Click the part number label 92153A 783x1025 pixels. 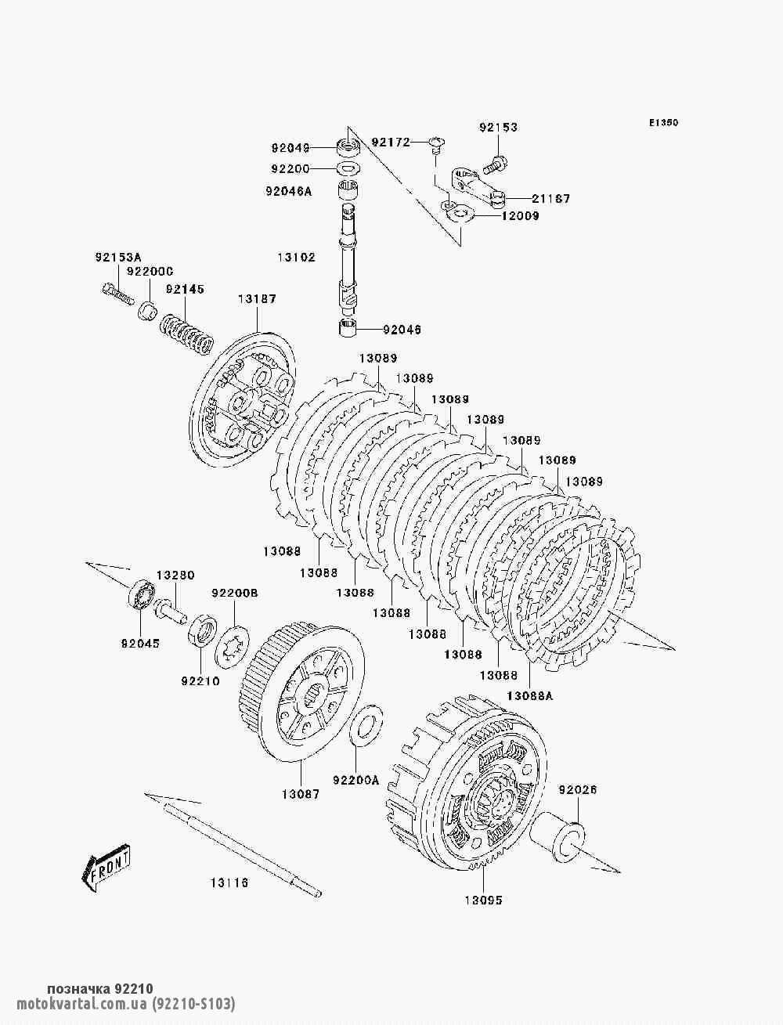coord(118,257)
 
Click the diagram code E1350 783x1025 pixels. coord(663,123)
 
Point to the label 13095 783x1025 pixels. coord(483,913)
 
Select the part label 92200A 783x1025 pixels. coord(355,780)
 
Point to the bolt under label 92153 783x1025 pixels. coord(495,163)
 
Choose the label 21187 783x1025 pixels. coord(551,198)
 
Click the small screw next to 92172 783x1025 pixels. coord(437,145)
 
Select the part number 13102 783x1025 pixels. coord(297,258)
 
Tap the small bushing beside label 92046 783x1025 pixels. coord(348,327)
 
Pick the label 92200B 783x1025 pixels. coord(235,593)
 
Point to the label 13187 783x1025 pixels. coord(258,298)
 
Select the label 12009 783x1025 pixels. coord(521,216)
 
